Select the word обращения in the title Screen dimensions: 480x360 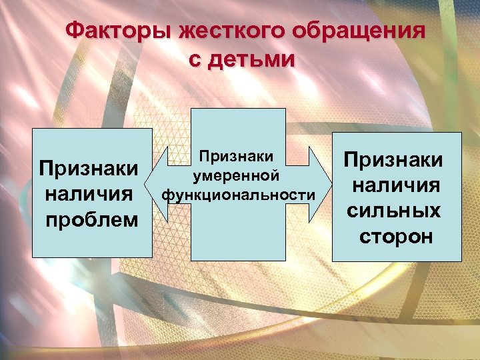point(354,31)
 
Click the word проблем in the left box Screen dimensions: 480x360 point(91,220)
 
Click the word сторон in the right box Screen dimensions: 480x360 point(396,236)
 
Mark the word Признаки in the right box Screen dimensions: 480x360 point(393,159)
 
